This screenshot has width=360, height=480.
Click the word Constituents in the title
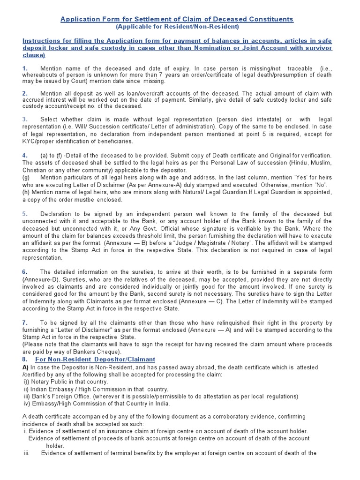pos(268,19)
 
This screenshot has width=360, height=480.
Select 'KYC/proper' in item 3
pos(40,141)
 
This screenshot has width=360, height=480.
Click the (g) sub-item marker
pos(26,178)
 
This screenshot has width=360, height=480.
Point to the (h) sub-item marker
pos(26,192)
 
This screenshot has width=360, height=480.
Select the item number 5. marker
pos(25,214)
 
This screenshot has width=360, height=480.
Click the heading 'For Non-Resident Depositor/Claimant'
pos(95,359)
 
